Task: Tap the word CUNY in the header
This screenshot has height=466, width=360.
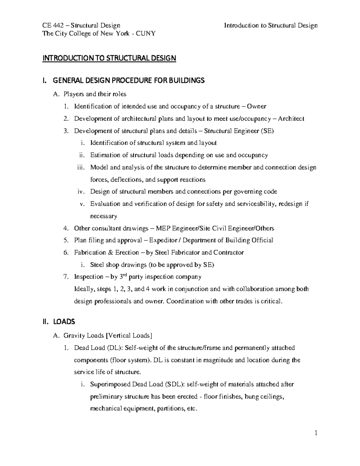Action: [x=146, y=33]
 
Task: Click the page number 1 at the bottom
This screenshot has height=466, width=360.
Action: [x=316, y=433]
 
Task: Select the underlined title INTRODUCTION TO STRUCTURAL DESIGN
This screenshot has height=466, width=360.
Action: [x=109, y=58]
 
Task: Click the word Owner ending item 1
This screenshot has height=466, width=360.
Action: [x=256, y=106]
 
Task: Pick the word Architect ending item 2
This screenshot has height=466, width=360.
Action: [x=291, y=119]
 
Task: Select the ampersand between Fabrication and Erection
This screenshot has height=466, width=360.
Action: [x=110, y=253]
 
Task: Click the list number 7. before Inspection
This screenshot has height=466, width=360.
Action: [x=66, y=277]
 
